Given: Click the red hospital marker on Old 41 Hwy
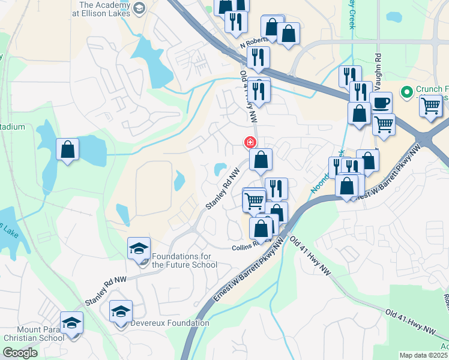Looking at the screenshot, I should (x=250, y=143).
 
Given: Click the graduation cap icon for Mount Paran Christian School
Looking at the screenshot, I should (x=72, y=322).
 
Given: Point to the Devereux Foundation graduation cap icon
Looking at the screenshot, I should (x=121, y=311).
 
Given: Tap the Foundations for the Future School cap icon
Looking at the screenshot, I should (x=139, y=248).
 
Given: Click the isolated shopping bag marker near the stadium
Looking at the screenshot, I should (x=68, y=148).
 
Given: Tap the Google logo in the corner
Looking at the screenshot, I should (x=19, y=353).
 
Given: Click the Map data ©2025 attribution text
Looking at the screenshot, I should (x=424, y=355).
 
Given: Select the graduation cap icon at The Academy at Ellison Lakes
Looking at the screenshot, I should (x=139, y=8).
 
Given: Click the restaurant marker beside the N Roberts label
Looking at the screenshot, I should (x=259, y=57).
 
